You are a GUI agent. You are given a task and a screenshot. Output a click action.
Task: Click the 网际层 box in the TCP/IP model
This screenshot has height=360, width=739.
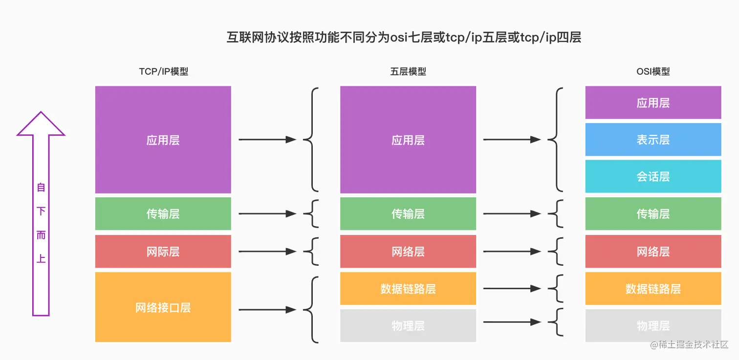point(163,252)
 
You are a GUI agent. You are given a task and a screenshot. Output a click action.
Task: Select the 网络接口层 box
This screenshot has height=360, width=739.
point(163,307)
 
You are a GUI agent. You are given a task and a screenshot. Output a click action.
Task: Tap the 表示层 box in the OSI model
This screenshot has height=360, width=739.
point(653,140)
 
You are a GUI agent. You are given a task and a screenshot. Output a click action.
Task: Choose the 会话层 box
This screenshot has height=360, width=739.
point(653,176)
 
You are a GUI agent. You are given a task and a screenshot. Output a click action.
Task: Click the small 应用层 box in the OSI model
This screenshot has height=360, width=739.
point(653,103)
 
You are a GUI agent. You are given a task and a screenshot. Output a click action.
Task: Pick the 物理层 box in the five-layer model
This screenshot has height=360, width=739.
point(408,325)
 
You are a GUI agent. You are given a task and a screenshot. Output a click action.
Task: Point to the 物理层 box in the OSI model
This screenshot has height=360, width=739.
point(653,325)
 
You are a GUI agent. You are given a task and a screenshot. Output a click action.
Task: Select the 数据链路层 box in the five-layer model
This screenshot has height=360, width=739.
point(408,288)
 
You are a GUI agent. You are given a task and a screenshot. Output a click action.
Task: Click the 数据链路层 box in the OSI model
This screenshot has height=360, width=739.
point(653,288)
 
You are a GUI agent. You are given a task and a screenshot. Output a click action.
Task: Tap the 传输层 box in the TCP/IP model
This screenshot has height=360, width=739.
point(163,213)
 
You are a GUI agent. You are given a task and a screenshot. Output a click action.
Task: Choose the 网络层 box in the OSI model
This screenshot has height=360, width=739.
point(653,252)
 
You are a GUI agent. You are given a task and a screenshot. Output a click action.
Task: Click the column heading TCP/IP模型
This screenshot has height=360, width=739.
point(164,71)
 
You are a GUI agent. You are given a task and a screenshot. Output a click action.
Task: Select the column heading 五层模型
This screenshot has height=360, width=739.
point(408,71)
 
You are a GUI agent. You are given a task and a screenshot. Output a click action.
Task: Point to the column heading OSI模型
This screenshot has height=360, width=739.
point(653,71)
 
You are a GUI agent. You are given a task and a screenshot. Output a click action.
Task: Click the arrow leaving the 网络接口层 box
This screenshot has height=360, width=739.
point(267,310)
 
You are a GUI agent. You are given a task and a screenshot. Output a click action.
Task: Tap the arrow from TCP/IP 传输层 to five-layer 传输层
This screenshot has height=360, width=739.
point(267,213)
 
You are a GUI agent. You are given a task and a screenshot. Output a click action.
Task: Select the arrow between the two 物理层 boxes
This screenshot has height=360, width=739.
point(512,322)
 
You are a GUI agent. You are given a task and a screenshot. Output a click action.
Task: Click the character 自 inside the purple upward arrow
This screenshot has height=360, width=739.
point(41,187)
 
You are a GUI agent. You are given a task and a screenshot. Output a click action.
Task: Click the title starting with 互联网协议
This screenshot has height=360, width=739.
point(404,38)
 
